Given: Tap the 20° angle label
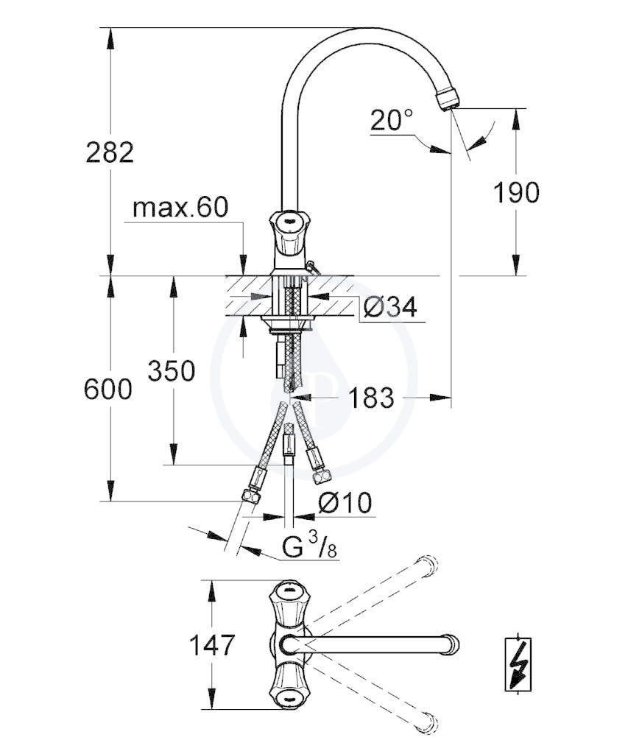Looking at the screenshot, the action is click(392, 120).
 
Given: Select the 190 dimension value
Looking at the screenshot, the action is click(516, 192).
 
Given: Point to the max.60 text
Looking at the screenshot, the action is click(180, 208).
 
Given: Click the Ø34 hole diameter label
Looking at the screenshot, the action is click(390, 306).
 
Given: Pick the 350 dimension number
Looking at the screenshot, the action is click(172, 371).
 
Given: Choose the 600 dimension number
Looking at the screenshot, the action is click(107, 389).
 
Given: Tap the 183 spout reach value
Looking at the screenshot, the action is click(371, 398).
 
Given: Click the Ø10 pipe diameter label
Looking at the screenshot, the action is click(345, 503).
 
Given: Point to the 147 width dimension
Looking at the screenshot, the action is click(211, 645).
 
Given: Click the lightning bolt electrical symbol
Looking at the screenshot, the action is click(518, 664).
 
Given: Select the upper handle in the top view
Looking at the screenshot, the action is click(289, 605).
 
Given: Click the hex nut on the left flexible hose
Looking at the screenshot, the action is click(251, 496).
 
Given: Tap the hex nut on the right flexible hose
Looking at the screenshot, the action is click(321, 477).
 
